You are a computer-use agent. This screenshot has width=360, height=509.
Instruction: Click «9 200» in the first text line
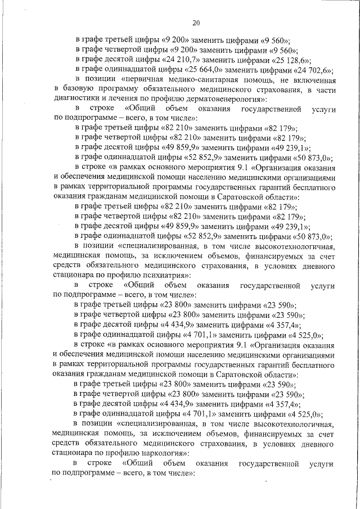pyautogui.click(x=177, y=40)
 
